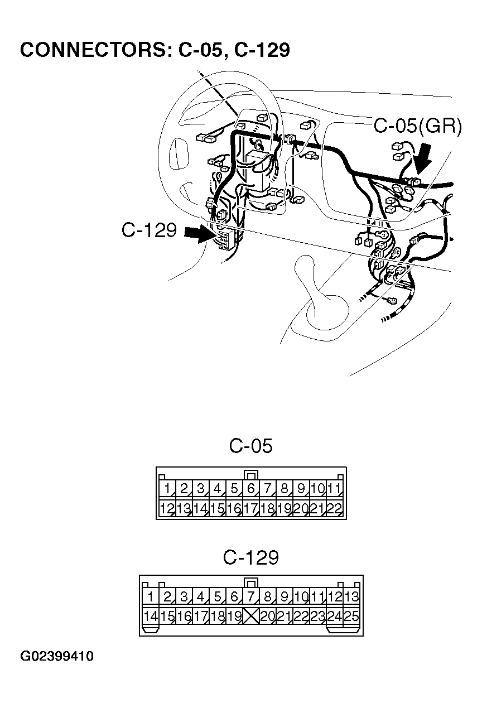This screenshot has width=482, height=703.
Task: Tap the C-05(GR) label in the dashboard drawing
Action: [x=417, y=126]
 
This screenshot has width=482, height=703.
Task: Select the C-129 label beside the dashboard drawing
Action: [x=149, y=230]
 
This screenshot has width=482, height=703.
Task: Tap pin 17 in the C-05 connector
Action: [x=250, y=508]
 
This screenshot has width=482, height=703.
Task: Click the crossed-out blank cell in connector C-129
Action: [x=251, y=616]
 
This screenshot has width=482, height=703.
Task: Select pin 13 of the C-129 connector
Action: [x=351, y=597]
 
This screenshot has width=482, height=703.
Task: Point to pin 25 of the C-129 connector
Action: [x=351, y=616]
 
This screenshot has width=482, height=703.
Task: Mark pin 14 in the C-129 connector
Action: [x=150, y=616]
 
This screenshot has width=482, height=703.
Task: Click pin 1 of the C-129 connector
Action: [x=150, y=597]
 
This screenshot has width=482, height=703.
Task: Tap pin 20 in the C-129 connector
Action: [x=268, y=616]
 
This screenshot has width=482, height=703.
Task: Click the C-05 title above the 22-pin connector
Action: [x=251, y=446]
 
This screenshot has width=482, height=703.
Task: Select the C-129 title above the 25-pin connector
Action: [x=251, y=557]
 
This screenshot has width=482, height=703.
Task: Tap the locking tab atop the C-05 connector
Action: [x=251, y=475]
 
